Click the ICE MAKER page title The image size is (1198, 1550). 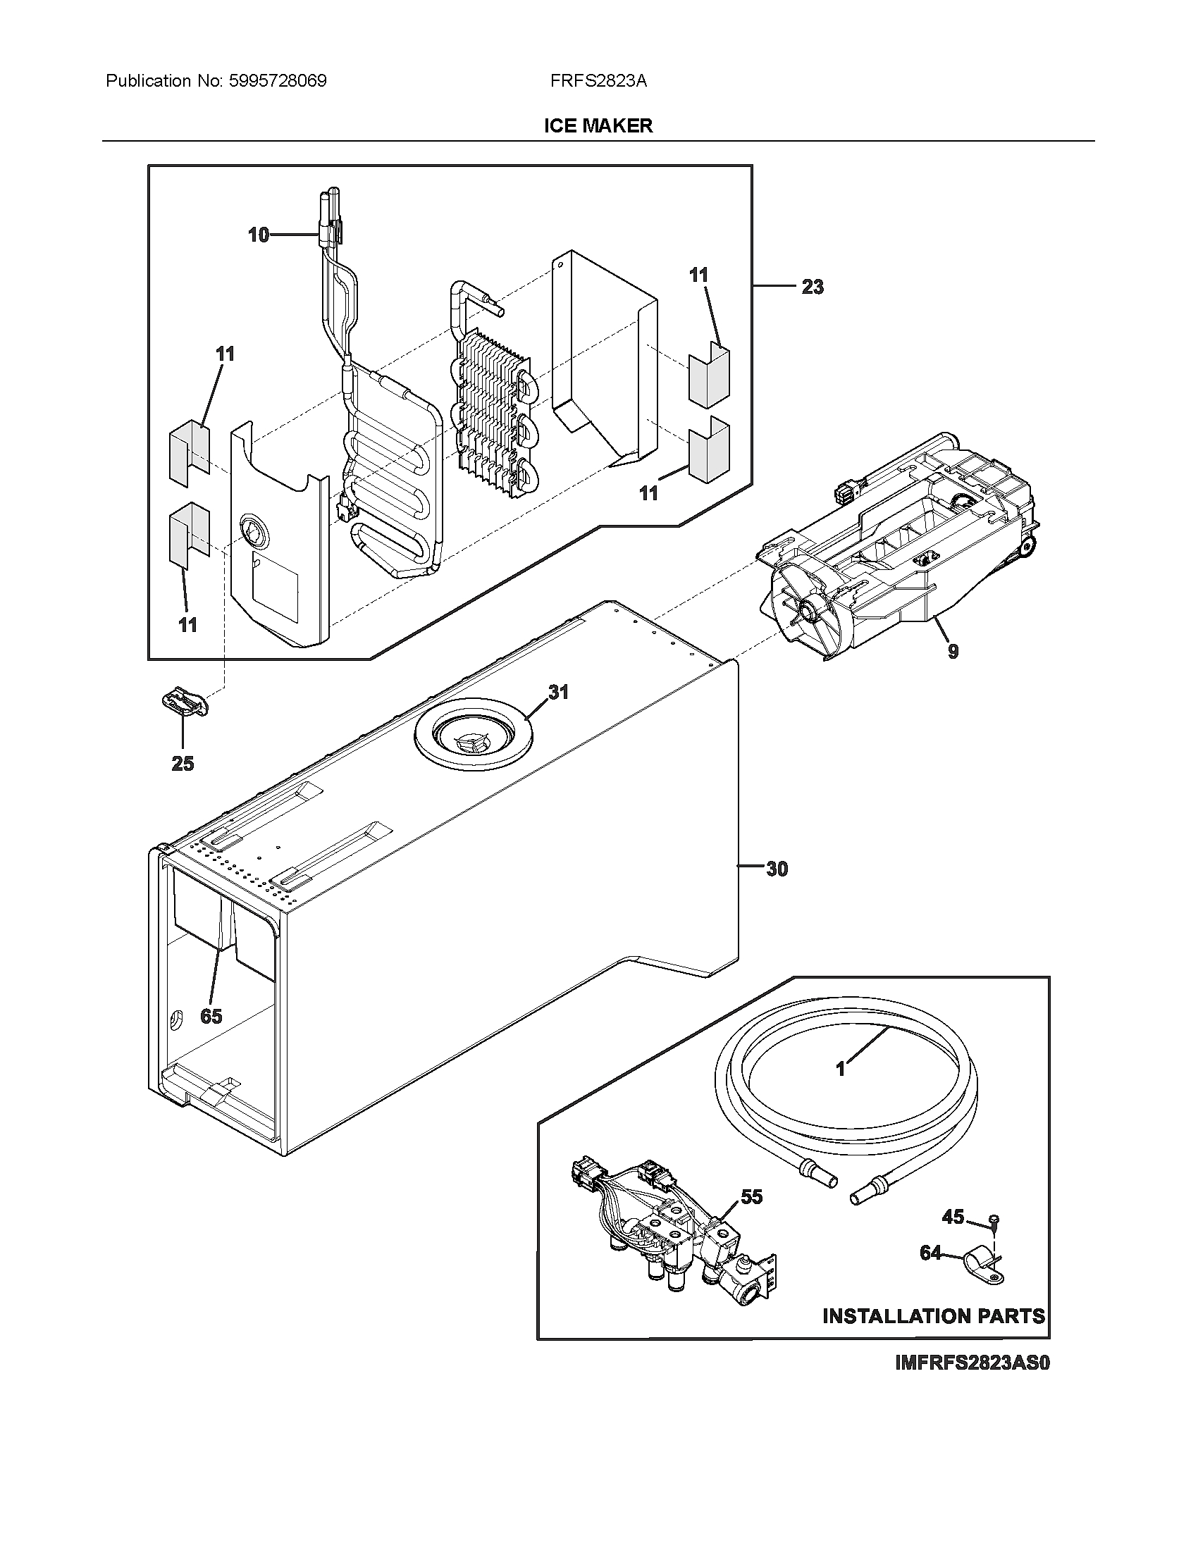tap(598, 126)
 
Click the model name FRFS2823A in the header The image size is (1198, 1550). tap(598, 81)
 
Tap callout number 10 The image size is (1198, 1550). tap(259, 235)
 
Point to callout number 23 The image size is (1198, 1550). tap(813, 287)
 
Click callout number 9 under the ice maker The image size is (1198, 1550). tap(953, 651)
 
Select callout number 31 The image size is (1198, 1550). tap(559, 692)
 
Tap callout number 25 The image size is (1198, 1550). tap(183, 764)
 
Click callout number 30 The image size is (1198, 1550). tap(777, 869)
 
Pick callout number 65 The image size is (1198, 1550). tap(211, 1016)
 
